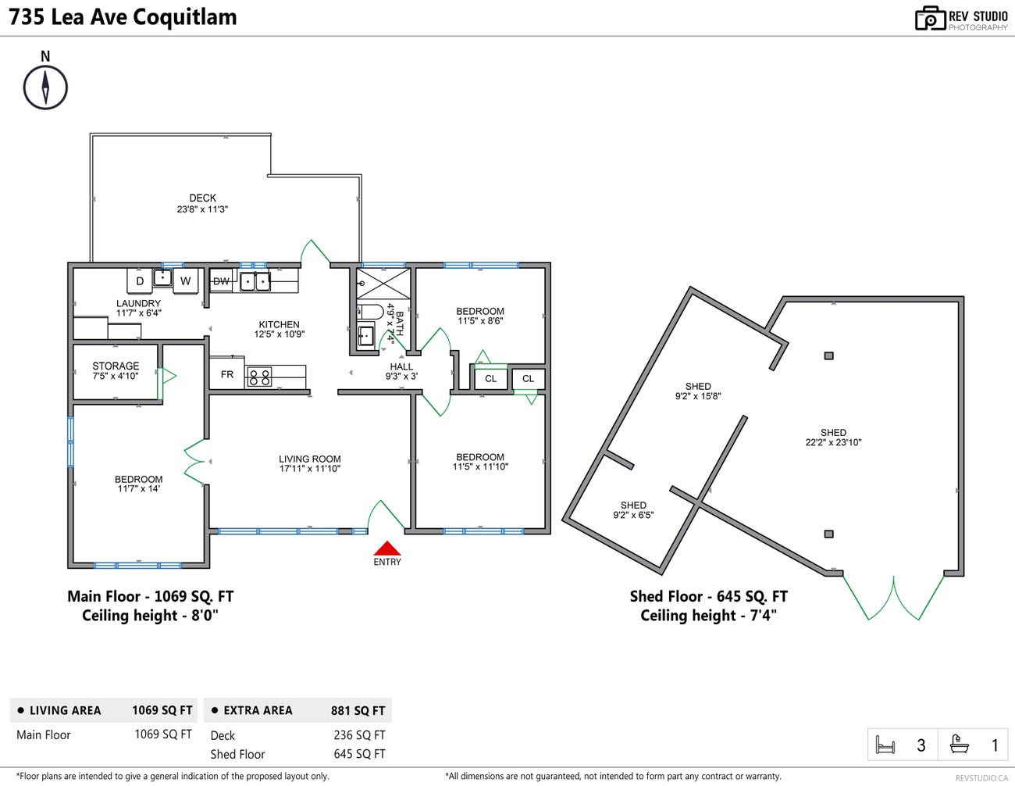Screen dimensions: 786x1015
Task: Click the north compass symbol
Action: coord(45,86)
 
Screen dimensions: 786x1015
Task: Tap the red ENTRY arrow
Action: coord(386,549)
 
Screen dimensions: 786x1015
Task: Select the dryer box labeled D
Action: coord(140,281)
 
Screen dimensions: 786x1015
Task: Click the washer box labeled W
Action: coord(185,281)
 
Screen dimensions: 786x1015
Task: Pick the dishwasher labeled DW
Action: coord(222,281)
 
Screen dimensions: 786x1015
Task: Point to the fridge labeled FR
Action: coord(226,375)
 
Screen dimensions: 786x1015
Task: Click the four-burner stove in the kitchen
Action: coord(259,377)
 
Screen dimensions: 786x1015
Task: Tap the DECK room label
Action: coord(202,198)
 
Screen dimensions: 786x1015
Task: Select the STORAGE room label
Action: coord(116,366)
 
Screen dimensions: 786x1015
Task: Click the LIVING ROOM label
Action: coord(310,459)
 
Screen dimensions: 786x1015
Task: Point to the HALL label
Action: coord(401,366)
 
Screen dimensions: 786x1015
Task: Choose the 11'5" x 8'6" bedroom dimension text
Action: coord(480,321)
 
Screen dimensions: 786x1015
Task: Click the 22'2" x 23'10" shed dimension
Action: coord(833,442)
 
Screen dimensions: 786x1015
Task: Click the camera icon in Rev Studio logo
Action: coord(930,19)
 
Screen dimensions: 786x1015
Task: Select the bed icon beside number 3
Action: coord(885,745)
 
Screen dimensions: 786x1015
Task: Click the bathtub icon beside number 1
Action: coord(960,745)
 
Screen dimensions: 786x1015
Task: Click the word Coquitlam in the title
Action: coord(184,17)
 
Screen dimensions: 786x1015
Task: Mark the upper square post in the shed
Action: coord(828,355)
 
